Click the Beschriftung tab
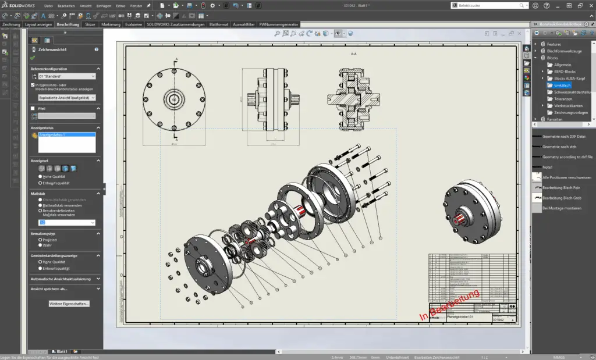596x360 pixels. click(x=68, y=25)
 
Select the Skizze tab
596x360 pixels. click(x=90, y=25)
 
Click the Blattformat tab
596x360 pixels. click(x=219, y=25)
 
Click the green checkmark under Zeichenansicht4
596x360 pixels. click(x=33, y=58)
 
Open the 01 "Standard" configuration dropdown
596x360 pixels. click(x=63, y=76)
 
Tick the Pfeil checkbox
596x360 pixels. click(x=33, y=108)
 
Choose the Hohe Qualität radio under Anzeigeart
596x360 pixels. click(x=40, y=176)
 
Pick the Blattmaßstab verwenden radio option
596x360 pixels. click(x=40, y=205)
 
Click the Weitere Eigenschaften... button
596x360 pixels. click(x=69, y=304)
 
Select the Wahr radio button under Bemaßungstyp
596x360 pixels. click(x=40, y=245)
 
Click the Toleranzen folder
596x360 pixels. click(x=563, y=99)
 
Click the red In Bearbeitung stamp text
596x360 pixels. click(x=449, y=305)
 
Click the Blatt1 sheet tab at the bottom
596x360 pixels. click(x=61, y=351)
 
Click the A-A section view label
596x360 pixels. click(x=353, y=54)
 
